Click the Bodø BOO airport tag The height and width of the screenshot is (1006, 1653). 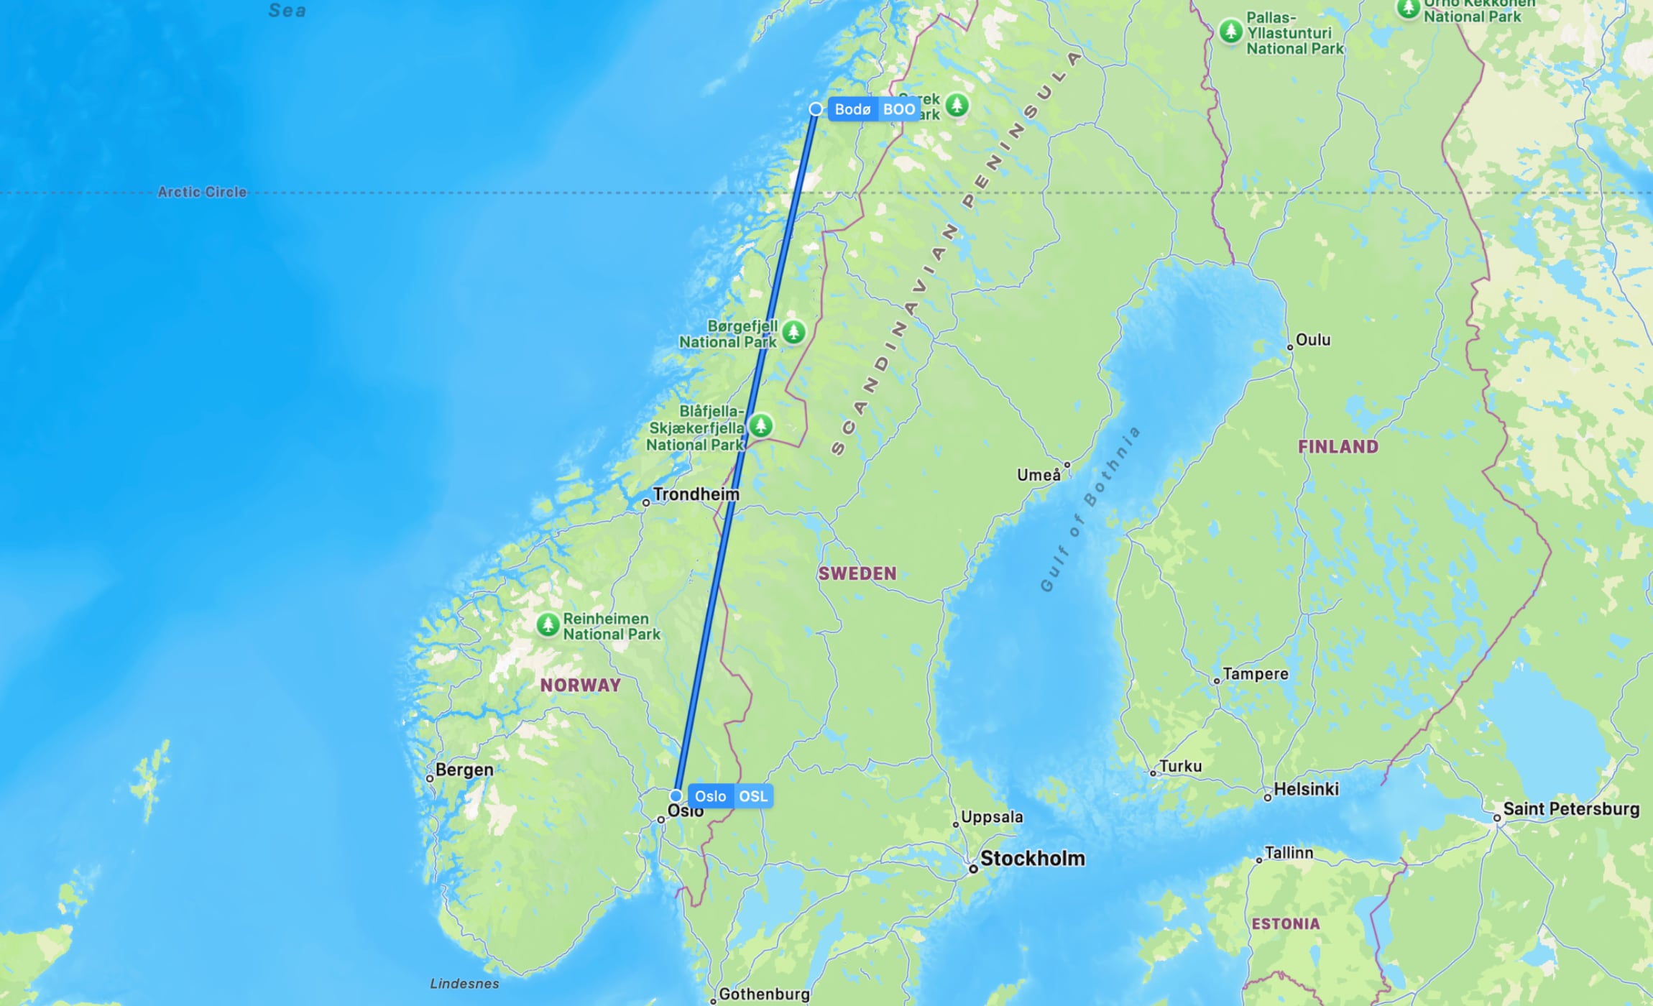[x=874, y=109]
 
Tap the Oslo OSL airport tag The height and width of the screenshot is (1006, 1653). [x=730, y=796]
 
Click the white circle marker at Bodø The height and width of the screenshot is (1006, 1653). [x=815, y=109]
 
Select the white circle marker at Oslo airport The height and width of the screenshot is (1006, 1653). [x=676, y=796]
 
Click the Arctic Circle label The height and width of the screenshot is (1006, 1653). [x=202, y=192]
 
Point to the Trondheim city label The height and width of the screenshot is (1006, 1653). [x=695, y=494]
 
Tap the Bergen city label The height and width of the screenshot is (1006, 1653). [x=464, y=770]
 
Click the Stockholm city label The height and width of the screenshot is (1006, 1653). [x=1032, y=858]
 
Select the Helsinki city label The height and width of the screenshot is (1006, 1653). [x=1306, y=789]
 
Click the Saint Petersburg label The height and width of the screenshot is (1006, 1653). [x=1570, y=809]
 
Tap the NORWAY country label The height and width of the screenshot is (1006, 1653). [x=580, y=685]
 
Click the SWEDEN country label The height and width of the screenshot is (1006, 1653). [x=857, y=573]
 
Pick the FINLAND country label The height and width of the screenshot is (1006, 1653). [x=1337, y=447]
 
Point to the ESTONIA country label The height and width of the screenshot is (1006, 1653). [x=1285, y=924]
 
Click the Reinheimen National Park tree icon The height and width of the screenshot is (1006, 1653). [x=548, y=624]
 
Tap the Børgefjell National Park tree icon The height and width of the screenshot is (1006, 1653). [x=793, y=332]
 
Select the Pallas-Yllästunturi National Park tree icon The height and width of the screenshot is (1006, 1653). [x=1231, y=31]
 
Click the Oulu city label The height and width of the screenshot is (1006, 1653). [x=1312, y=340]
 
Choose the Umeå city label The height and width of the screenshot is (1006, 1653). [x=1038, y=475]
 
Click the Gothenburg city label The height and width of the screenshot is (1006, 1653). [x=763, y=994]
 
